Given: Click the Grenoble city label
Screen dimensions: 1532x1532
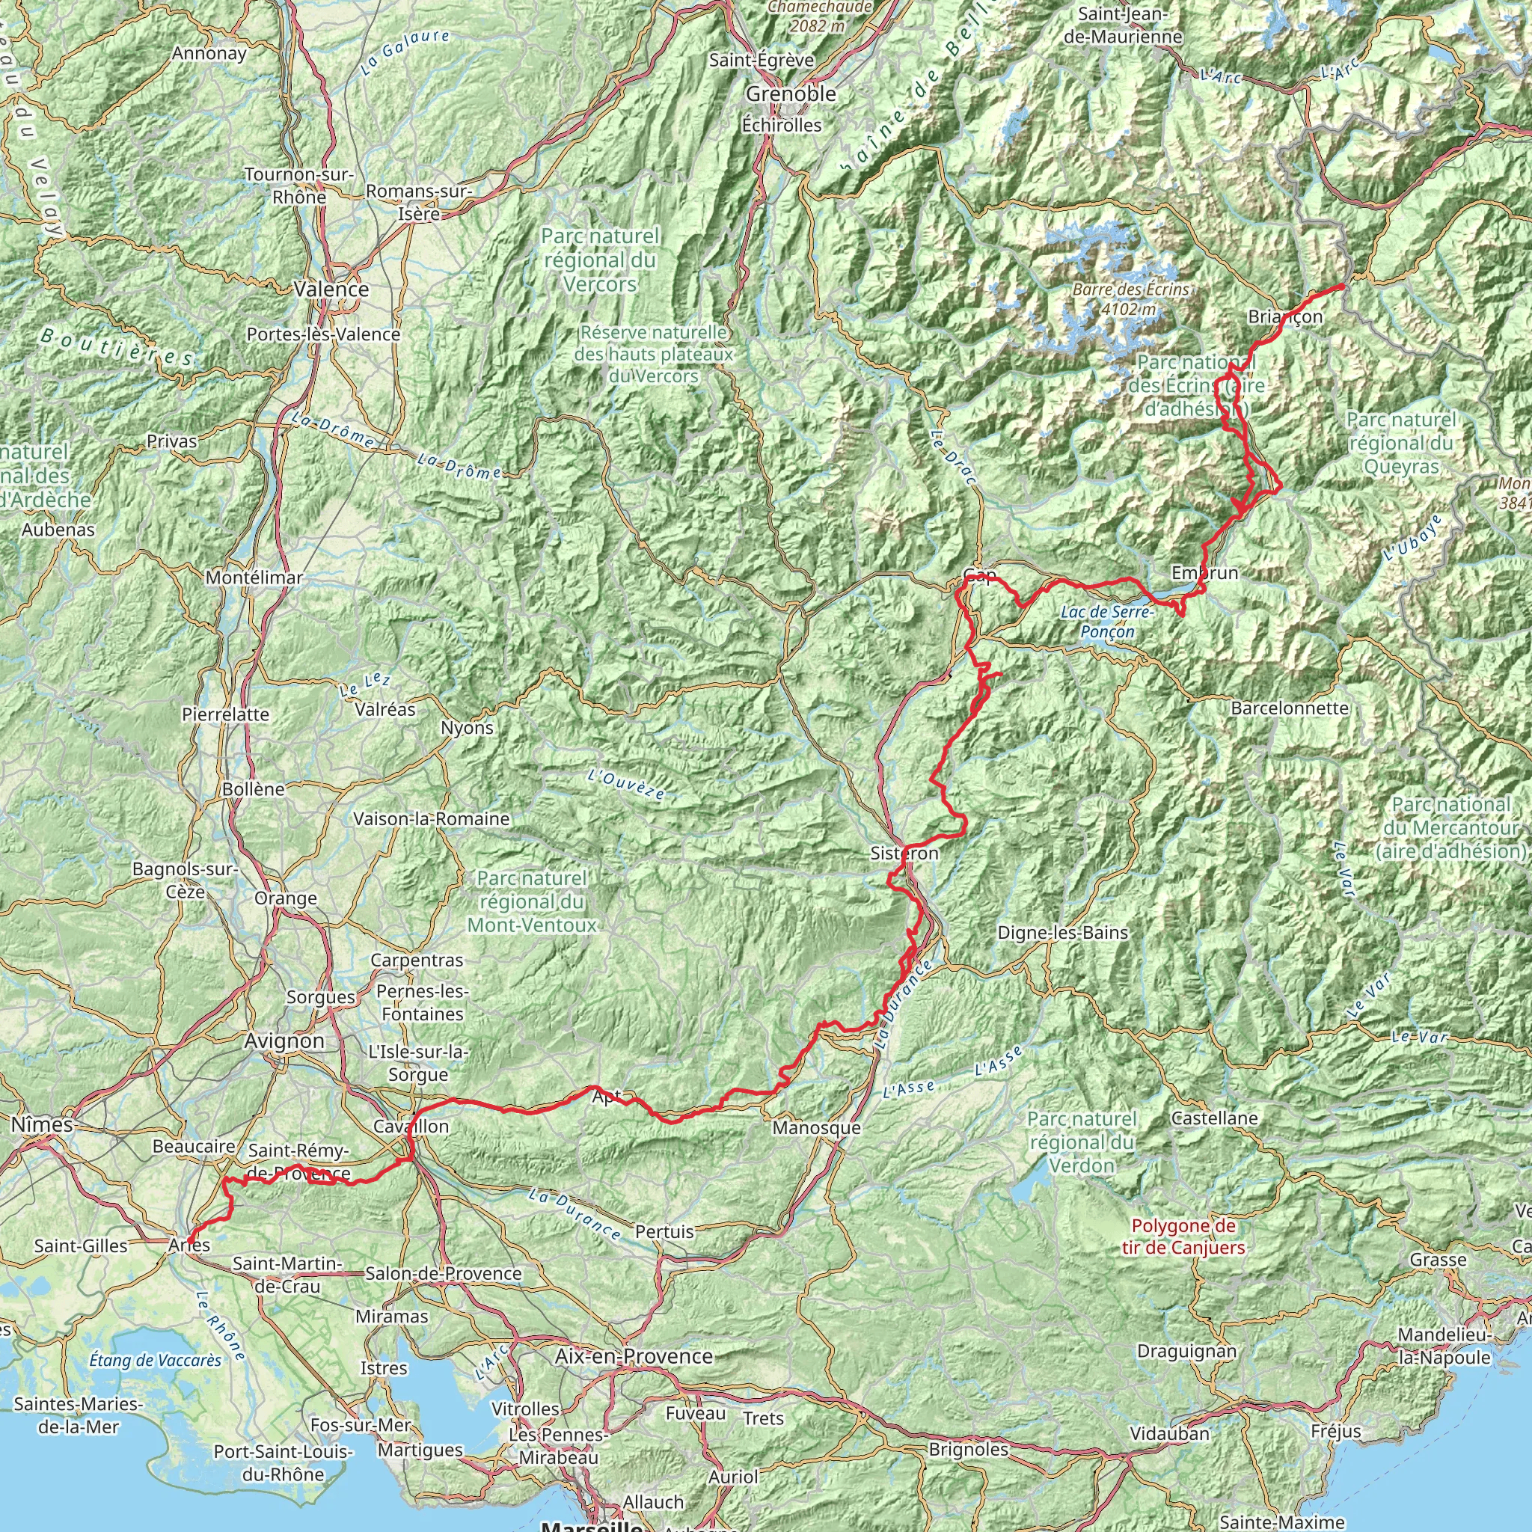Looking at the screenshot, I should (x=791, y=94).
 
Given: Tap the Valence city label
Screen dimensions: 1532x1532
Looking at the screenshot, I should (x=331, y=289).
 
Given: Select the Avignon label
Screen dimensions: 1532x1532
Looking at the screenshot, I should (x=285, y=1041).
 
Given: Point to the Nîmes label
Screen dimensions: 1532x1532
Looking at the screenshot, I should (x=42, y=1124).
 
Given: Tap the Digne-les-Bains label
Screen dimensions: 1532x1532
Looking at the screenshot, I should (x=1062, y=933).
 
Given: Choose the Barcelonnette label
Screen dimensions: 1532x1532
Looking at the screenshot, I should (x=1290, y=708).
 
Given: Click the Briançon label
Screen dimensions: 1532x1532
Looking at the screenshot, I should (x=1285, y=317).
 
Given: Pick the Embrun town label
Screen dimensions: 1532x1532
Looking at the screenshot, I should (x=1204, y=572).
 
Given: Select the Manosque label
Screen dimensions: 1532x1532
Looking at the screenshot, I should (x=816, y=1127).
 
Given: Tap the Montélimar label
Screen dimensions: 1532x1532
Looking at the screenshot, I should (x=254, y=578).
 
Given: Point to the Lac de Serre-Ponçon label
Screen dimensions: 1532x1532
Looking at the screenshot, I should (x=1108, y=622).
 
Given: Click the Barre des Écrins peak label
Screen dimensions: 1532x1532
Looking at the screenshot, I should (x=1131, y=298).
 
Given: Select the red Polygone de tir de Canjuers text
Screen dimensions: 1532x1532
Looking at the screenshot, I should (x=1183, y=1237).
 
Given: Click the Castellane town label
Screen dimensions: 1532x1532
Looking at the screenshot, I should (x=1214, y=1118).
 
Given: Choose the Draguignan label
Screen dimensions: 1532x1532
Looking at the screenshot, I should (x=1186, y=1351).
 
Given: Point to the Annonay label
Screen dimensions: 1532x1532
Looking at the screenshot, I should (x=210, y=54).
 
